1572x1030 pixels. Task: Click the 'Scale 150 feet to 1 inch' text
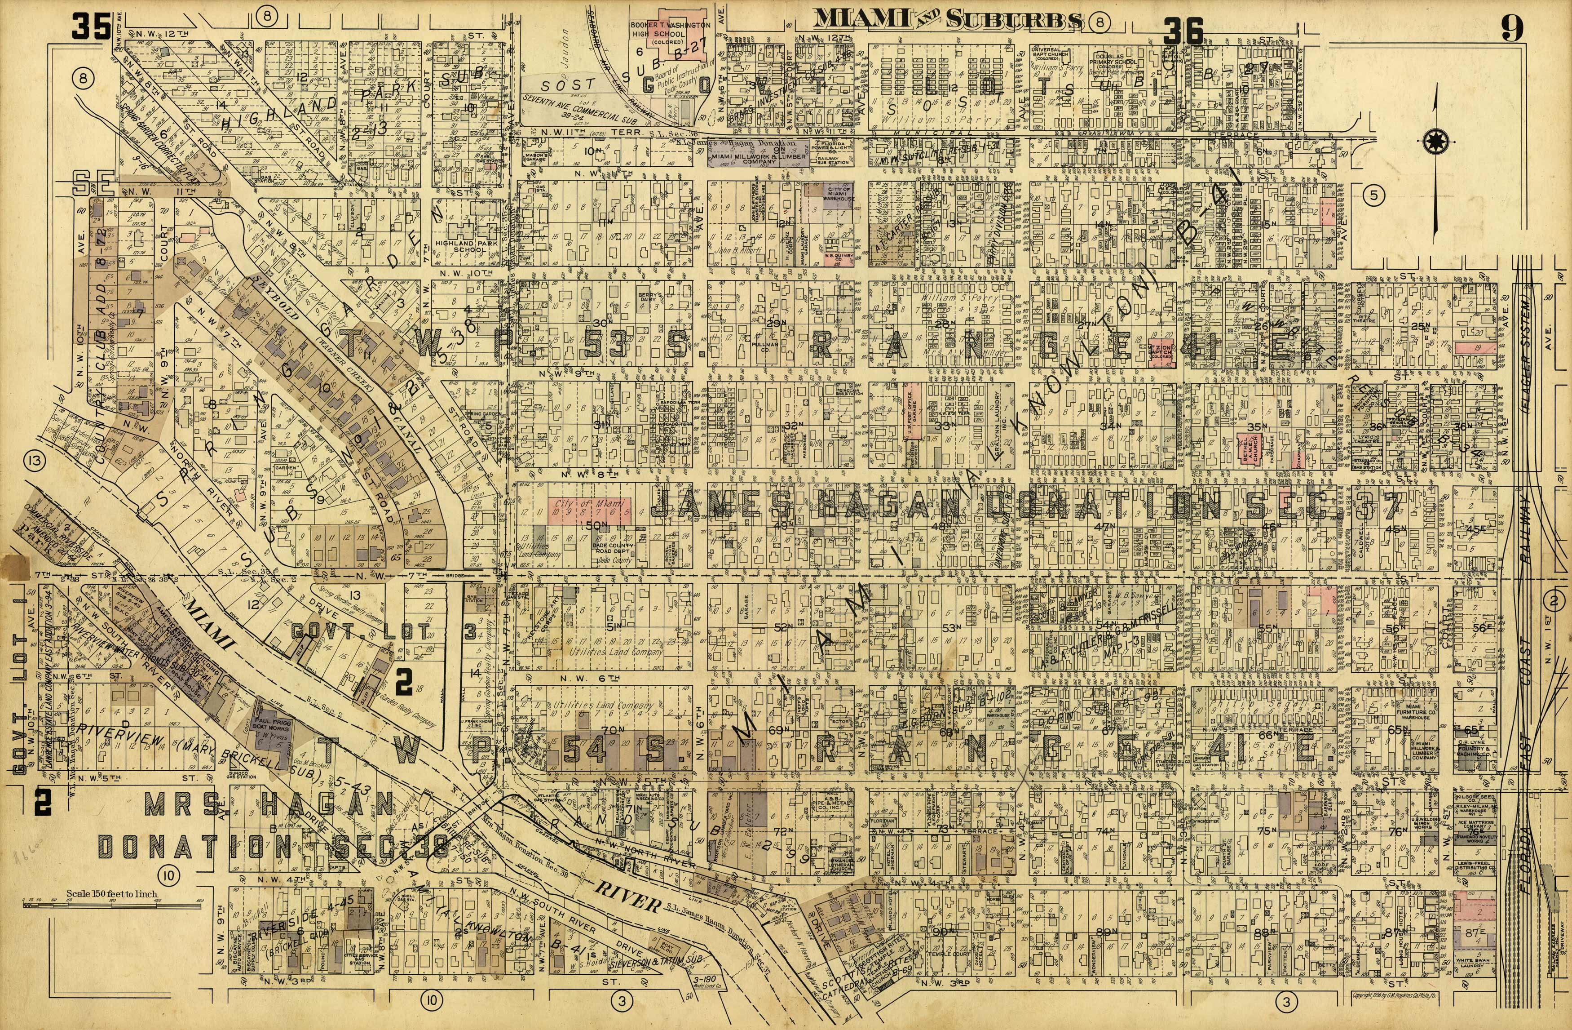point(112,894)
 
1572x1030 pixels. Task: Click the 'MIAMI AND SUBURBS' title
point(947,20)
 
